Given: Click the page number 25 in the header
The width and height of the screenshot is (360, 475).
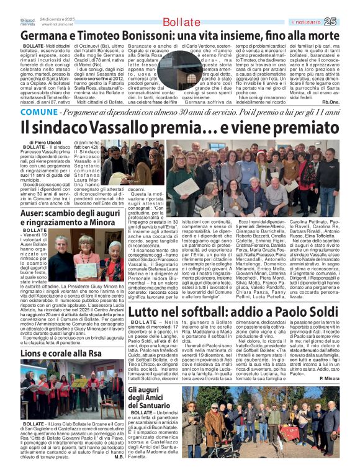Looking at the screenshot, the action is [348, 22].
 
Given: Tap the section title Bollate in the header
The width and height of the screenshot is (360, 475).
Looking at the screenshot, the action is [181, 22].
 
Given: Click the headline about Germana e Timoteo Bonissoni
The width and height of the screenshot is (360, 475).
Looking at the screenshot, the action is [179, 36].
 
